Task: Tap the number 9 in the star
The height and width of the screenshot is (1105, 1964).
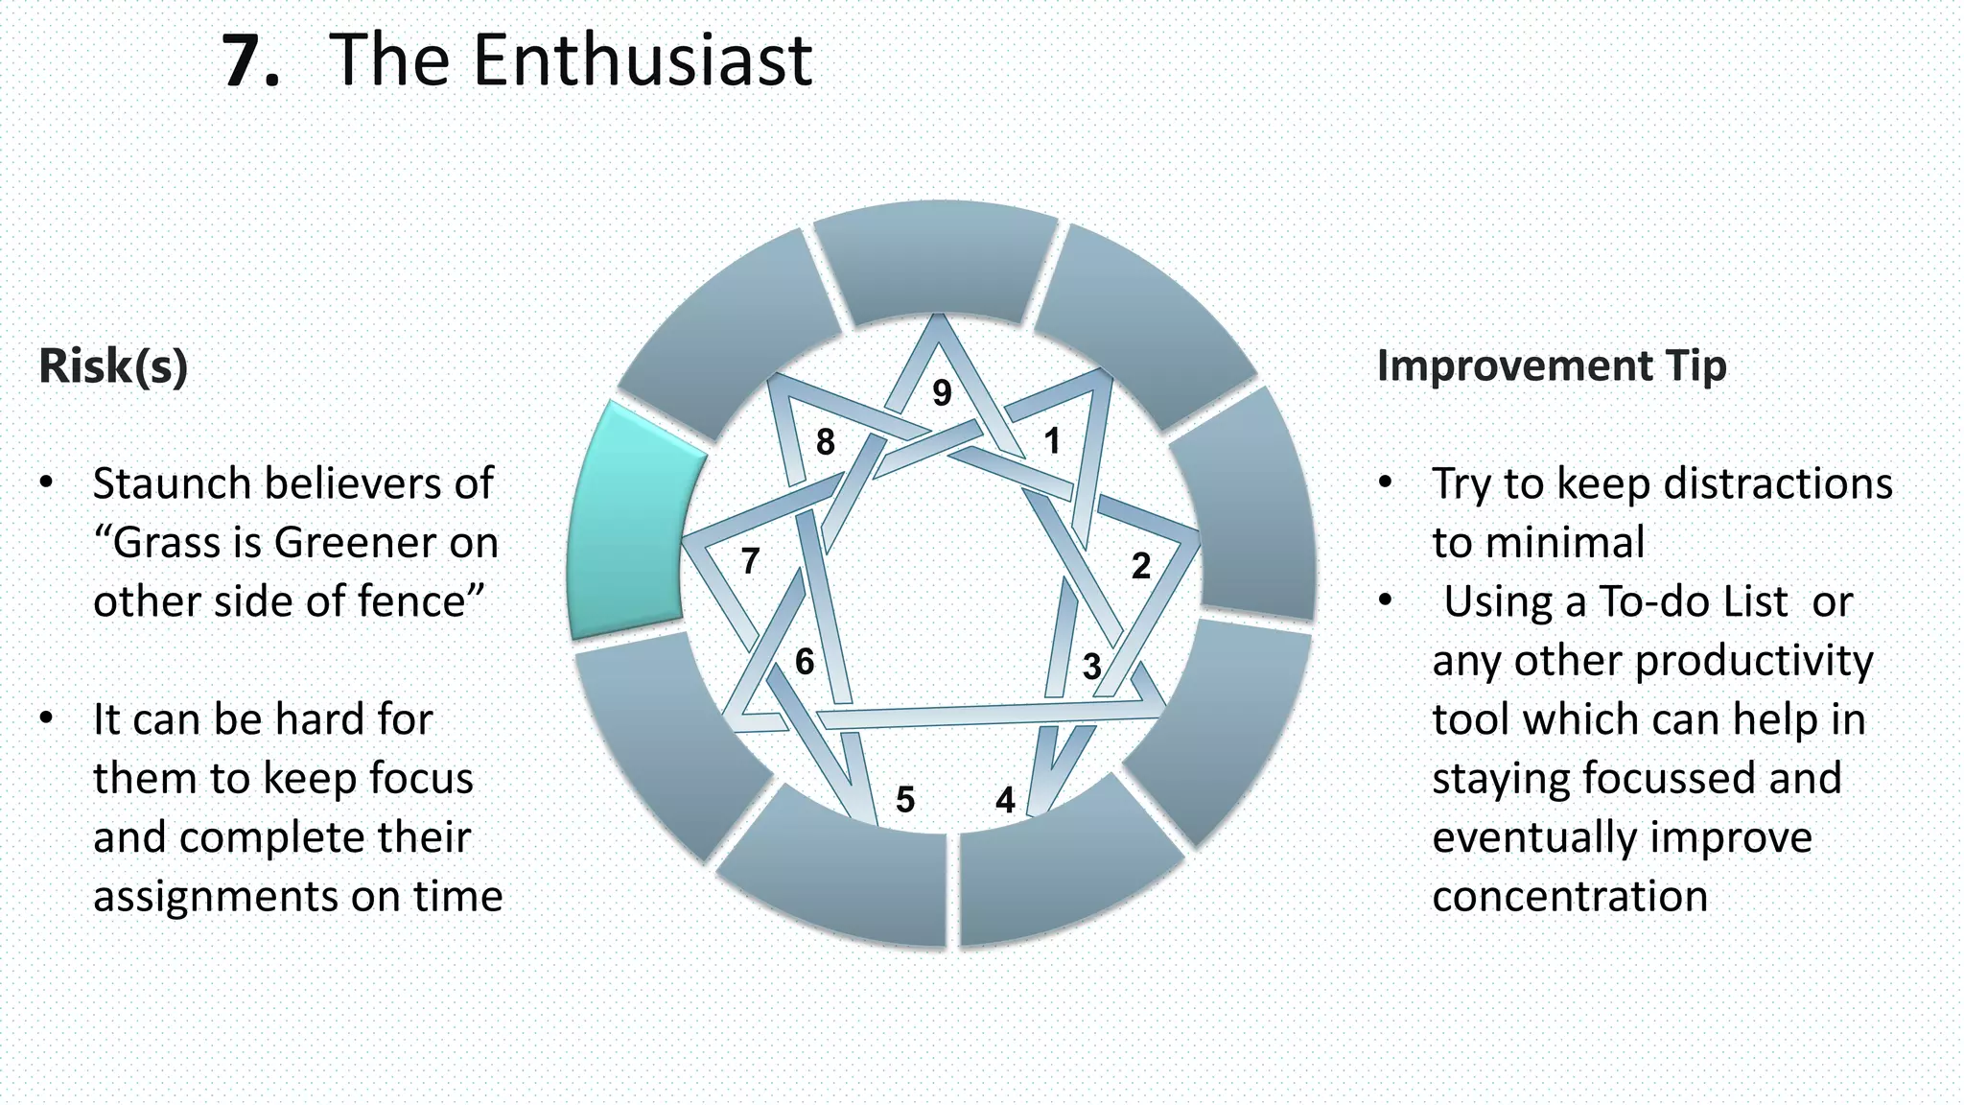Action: (x=942, y=392)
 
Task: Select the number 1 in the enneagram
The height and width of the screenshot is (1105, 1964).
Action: (x=1052, y=441)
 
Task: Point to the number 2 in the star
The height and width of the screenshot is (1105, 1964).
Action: (x=1140, y=566)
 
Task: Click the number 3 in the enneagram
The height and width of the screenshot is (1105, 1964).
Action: (x=1091, y=667)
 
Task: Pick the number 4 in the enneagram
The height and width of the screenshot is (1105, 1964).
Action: (x=1005, y=799)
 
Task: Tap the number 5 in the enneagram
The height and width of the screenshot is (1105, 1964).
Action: (x=905, y=799)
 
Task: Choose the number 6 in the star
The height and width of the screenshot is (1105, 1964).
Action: (x=805, y=662)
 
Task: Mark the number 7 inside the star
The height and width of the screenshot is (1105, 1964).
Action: (x=750, y=561)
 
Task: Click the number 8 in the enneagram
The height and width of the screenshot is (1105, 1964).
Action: (x=825, y=442)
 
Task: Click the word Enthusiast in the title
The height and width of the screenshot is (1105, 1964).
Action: (x=643, y=60)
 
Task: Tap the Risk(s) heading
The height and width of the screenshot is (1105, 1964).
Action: (x=113, y=366)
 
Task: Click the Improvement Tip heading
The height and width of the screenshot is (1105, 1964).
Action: (x=1552, y=366)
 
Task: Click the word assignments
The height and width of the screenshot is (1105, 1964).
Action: (x=216, y=897)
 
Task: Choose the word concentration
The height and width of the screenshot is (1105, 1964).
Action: (x=1570, y=897)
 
